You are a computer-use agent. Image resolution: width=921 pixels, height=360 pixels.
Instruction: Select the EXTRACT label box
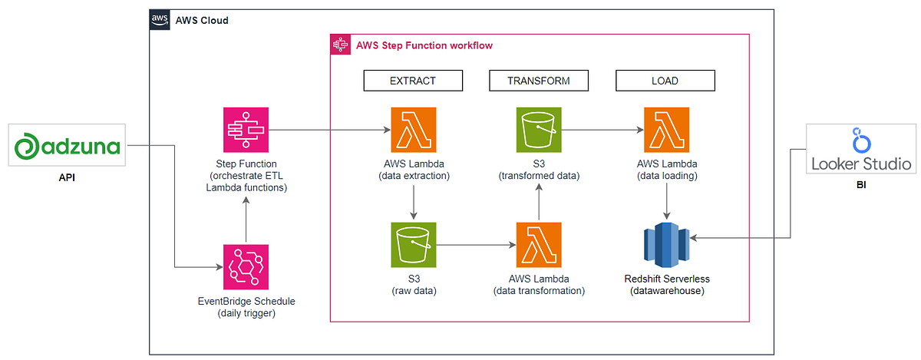(x=413, y=81)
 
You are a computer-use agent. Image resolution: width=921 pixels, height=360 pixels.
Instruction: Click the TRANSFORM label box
(x=538, y=81)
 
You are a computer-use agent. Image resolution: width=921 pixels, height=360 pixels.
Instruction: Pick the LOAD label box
(x=665, y=81)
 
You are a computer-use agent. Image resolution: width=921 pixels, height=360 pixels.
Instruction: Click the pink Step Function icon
(x=245, y=130)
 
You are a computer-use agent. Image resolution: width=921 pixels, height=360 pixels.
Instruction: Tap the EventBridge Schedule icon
(x=245, y=266)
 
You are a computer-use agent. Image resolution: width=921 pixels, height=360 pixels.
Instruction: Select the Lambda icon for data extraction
(x=413, y=130)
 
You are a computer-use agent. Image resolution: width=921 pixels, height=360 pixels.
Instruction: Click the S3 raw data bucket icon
(x=413, y=245)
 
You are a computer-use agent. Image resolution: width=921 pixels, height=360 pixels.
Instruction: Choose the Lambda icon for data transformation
(x=539, y=245)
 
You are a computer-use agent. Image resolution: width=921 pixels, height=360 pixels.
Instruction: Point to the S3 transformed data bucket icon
(x=539, y=130)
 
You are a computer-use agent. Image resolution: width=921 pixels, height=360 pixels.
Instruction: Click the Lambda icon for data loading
(x=665, y=130)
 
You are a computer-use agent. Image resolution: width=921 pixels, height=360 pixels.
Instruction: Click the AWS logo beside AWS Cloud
(x=159, y=19)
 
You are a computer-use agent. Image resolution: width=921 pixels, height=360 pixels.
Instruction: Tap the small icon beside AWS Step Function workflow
(x=340, y=45)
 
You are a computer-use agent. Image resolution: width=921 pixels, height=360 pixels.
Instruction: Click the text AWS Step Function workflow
(x=424, y=46)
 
